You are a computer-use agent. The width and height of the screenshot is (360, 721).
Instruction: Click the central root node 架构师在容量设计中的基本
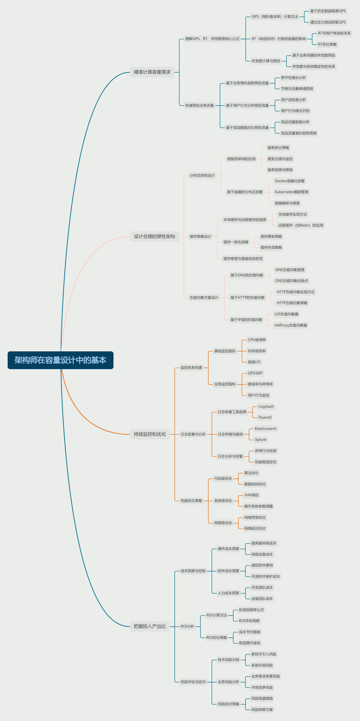(x=60, y=360)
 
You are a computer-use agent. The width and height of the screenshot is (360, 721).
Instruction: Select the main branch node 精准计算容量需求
(x=152, y=72)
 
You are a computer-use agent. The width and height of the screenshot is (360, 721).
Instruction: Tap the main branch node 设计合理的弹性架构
(x=154, y=237)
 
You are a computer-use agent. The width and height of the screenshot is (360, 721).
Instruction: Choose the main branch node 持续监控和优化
(x=150, y=434)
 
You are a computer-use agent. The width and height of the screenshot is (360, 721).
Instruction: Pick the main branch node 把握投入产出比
(x=150, y=626)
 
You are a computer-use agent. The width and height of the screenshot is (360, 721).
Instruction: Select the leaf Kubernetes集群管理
(x=291, y=192)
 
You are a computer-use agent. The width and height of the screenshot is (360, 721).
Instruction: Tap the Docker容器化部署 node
(x=290, y=181)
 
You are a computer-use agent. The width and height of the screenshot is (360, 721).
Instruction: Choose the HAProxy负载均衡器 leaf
(x=291, y=325)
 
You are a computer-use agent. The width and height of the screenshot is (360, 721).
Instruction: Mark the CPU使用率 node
(x=257, y=340)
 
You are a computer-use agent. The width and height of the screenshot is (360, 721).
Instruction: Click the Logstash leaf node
(x=266, y=406)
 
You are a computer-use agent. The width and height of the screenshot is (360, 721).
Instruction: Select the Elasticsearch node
(x=265, y=428)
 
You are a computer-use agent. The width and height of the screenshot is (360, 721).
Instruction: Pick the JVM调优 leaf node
(x=251, y=495)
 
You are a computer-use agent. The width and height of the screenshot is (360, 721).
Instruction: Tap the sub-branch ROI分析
(x=187, y=626)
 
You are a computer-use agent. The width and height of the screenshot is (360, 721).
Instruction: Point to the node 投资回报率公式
(x=251, y=610)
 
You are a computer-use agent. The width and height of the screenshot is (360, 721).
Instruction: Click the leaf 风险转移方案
(x=262, y=710)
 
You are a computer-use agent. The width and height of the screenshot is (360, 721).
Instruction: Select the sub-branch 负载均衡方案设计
(x=204, y=298)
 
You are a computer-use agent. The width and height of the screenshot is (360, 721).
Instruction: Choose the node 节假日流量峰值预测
(x=297, y=89)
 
